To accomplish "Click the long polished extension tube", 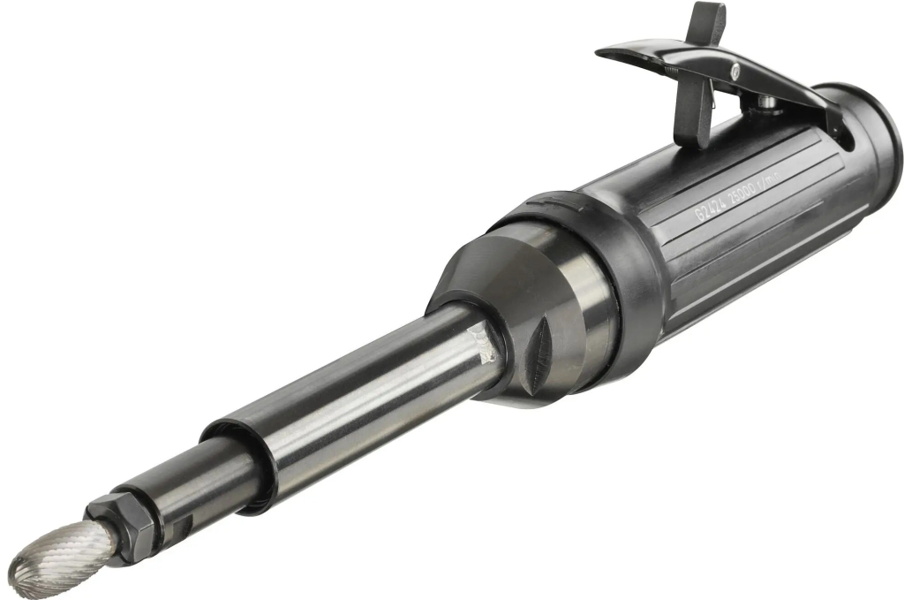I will tap(353, 389).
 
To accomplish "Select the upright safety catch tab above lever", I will tap(706, 22).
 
